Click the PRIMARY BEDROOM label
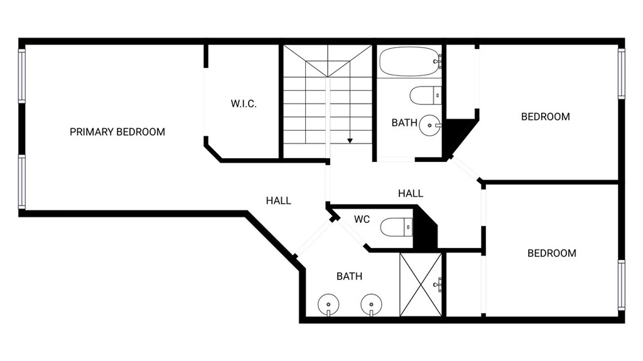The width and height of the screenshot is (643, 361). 117,132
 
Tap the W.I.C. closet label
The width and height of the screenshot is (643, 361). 244,104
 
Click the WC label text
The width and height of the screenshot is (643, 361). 362,220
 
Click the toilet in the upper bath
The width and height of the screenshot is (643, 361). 425,95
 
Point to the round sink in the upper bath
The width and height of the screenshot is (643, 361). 430,125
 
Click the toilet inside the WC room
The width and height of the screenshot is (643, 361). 396,227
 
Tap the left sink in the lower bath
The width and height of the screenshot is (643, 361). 328,304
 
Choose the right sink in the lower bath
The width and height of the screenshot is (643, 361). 371,304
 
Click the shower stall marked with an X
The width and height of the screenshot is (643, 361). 421,284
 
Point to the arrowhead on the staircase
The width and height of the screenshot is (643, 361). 350,141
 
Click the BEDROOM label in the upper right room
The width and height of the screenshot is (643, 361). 546,117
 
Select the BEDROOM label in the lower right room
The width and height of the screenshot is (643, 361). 552,253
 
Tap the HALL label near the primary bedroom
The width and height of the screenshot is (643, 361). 278,201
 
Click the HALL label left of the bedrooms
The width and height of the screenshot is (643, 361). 411,193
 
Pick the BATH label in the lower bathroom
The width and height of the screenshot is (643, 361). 349,276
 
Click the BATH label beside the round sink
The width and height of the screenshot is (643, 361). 404,122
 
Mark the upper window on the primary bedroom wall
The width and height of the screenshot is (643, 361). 22,75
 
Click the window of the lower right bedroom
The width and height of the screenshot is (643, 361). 622,284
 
